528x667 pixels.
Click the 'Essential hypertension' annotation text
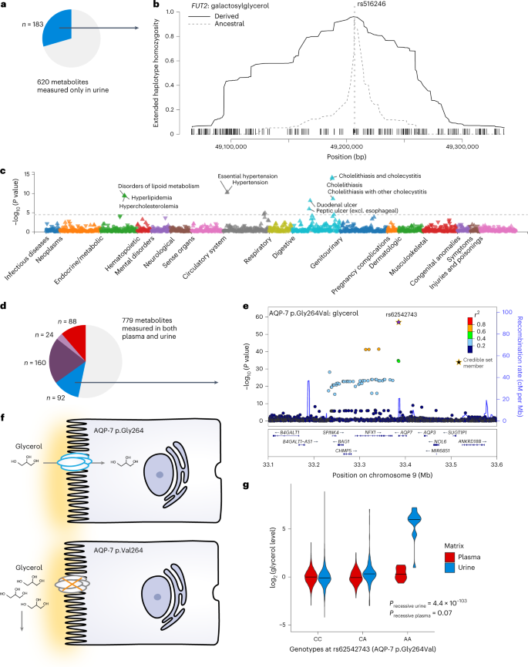tap(247, 176)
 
